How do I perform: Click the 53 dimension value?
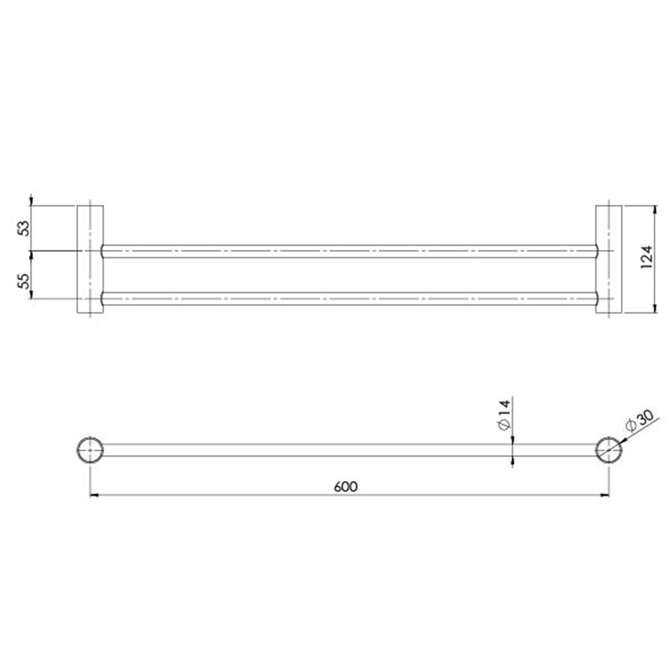coord(24,228)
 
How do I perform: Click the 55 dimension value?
coord(24,280)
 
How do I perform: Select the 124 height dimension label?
coord(646,257)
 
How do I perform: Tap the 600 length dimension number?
coord(345,487)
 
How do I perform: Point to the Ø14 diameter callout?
coord(505,415)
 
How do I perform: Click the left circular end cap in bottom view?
coord(90,450)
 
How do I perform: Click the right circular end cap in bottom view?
coord(609,450)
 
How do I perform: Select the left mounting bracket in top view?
coord(90,259)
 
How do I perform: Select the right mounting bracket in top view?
coord(609,259)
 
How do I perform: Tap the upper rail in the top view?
coord(348,251)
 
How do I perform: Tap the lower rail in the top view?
coord(348,299)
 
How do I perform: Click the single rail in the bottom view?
coord(348,450)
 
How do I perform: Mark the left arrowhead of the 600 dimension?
coord(95,495)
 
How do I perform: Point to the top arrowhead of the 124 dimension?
coord(654,210)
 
